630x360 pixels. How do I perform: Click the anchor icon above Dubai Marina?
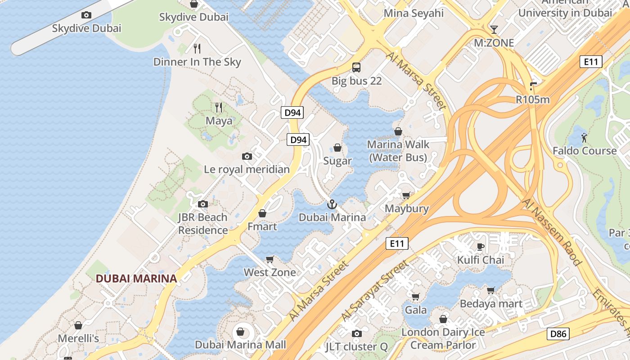[332, 204]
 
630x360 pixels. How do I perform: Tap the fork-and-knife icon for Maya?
[219, 108]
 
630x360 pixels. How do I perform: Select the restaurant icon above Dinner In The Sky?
[197, 49]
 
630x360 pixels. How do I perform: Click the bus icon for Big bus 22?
[356, 67]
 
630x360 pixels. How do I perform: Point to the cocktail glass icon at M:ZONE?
[494, 30]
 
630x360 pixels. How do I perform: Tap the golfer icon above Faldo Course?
[584, 138]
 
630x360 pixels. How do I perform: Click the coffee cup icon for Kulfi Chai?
[480, 247]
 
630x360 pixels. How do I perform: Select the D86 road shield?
[558, 334]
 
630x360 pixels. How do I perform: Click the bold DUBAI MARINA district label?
[136, 279]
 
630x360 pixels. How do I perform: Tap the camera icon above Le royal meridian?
[247, 157]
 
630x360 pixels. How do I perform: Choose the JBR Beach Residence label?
[203, 224]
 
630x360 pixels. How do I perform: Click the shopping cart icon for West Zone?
[270, 259]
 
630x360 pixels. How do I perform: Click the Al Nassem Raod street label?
[552, 231]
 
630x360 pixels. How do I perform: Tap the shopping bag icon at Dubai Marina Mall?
[241, 332]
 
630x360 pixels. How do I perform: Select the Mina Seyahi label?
[414, 13]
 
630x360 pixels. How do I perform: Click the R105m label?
[533, 100]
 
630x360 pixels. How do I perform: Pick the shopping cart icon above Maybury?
[406, 195]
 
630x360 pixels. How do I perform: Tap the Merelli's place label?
[78, 338]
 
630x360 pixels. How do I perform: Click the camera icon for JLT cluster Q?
[357, 333]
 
